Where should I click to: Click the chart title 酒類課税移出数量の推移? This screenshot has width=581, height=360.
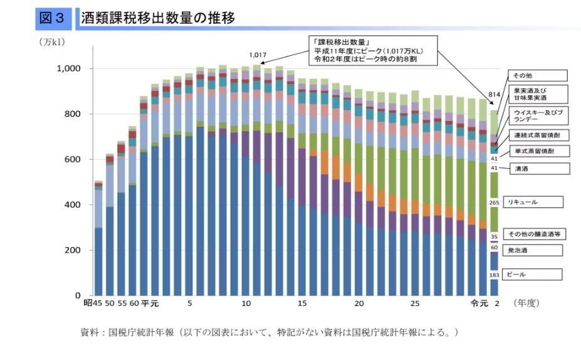pyautogui.click(x=158, y=18)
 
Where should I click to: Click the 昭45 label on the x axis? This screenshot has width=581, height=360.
pyautogui.click(x=93, y=304)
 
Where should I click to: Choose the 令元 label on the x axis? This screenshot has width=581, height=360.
pyautogui.click(x=479, y=304)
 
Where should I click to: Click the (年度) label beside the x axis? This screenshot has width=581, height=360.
pyautogui.click(x=526, y=304)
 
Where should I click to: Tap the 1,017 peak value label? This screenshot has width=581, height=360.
pyautogui.click(x=258, y=55)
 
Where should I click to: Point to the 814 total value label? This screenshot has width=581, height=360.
pyautogui.click(x=494, y=95)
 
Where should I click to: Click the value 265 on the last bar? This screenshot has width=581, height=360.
pyautogui.click(x=494, y=203)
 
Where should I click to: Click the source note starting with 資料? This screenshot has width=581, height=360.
pyautogui.click(x=270, y=332)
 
